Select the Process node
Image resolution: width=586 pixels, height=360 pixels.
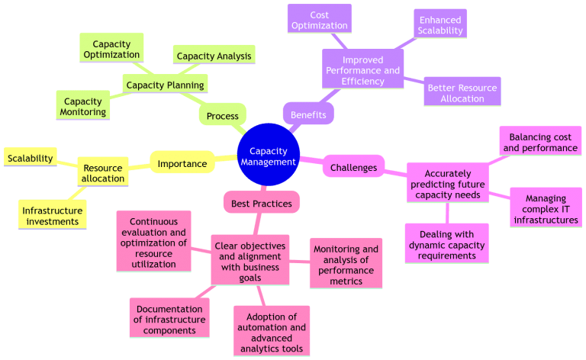coord(222,116)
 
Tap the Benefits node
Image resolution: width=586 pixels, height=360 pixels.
coord(308,114)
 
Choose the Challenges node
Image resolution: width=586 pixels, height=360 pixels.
coord(353,166)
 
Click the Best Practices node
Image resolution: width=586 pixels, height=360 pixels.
coord(262,202)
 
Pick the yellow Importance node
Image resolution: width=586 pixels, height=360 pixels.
coord(182,163)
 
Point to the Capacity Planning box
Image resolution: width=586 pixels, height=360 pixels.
coord(165,84)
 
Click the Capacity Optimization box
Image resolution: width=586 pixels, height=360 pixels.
coord(111,49)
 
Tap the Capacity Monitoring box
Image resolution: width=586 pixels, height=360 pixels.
coord(83,106)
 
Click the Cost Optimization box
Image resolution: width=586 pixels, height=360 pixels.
coord(320,20)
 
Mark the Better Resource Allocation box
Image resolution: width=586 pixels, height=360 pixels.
coord(462,93)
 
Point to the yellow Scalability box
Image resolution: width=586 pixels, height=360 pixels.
coord(31,158)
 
